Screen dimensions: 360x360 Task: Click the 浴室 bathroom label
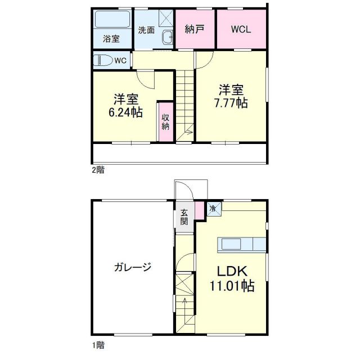point(111,39)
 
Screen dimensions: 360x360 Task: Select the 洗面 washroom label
point(146,30)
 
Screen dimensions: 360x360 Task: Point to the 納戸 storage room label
point(195,30)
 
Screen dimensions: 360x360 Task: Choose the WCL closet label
point(241,30)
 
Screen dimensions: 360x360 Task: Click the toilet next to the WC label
point(103,60)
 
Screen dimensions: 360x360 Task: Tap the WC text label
point(121,60)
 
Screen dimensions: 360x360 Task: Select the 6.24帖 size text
point(125,112)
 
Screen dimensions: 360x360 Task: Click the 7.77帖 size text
point(231,103)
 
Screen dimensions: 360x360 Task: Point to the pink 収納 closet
point(165,121)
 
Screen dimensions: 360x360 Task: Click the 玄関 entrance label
point(184,217)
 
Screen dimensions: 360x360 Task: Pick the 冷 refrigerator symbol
point(213,208)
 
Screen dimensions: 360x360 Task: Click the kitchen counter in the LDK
point(241,244)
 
